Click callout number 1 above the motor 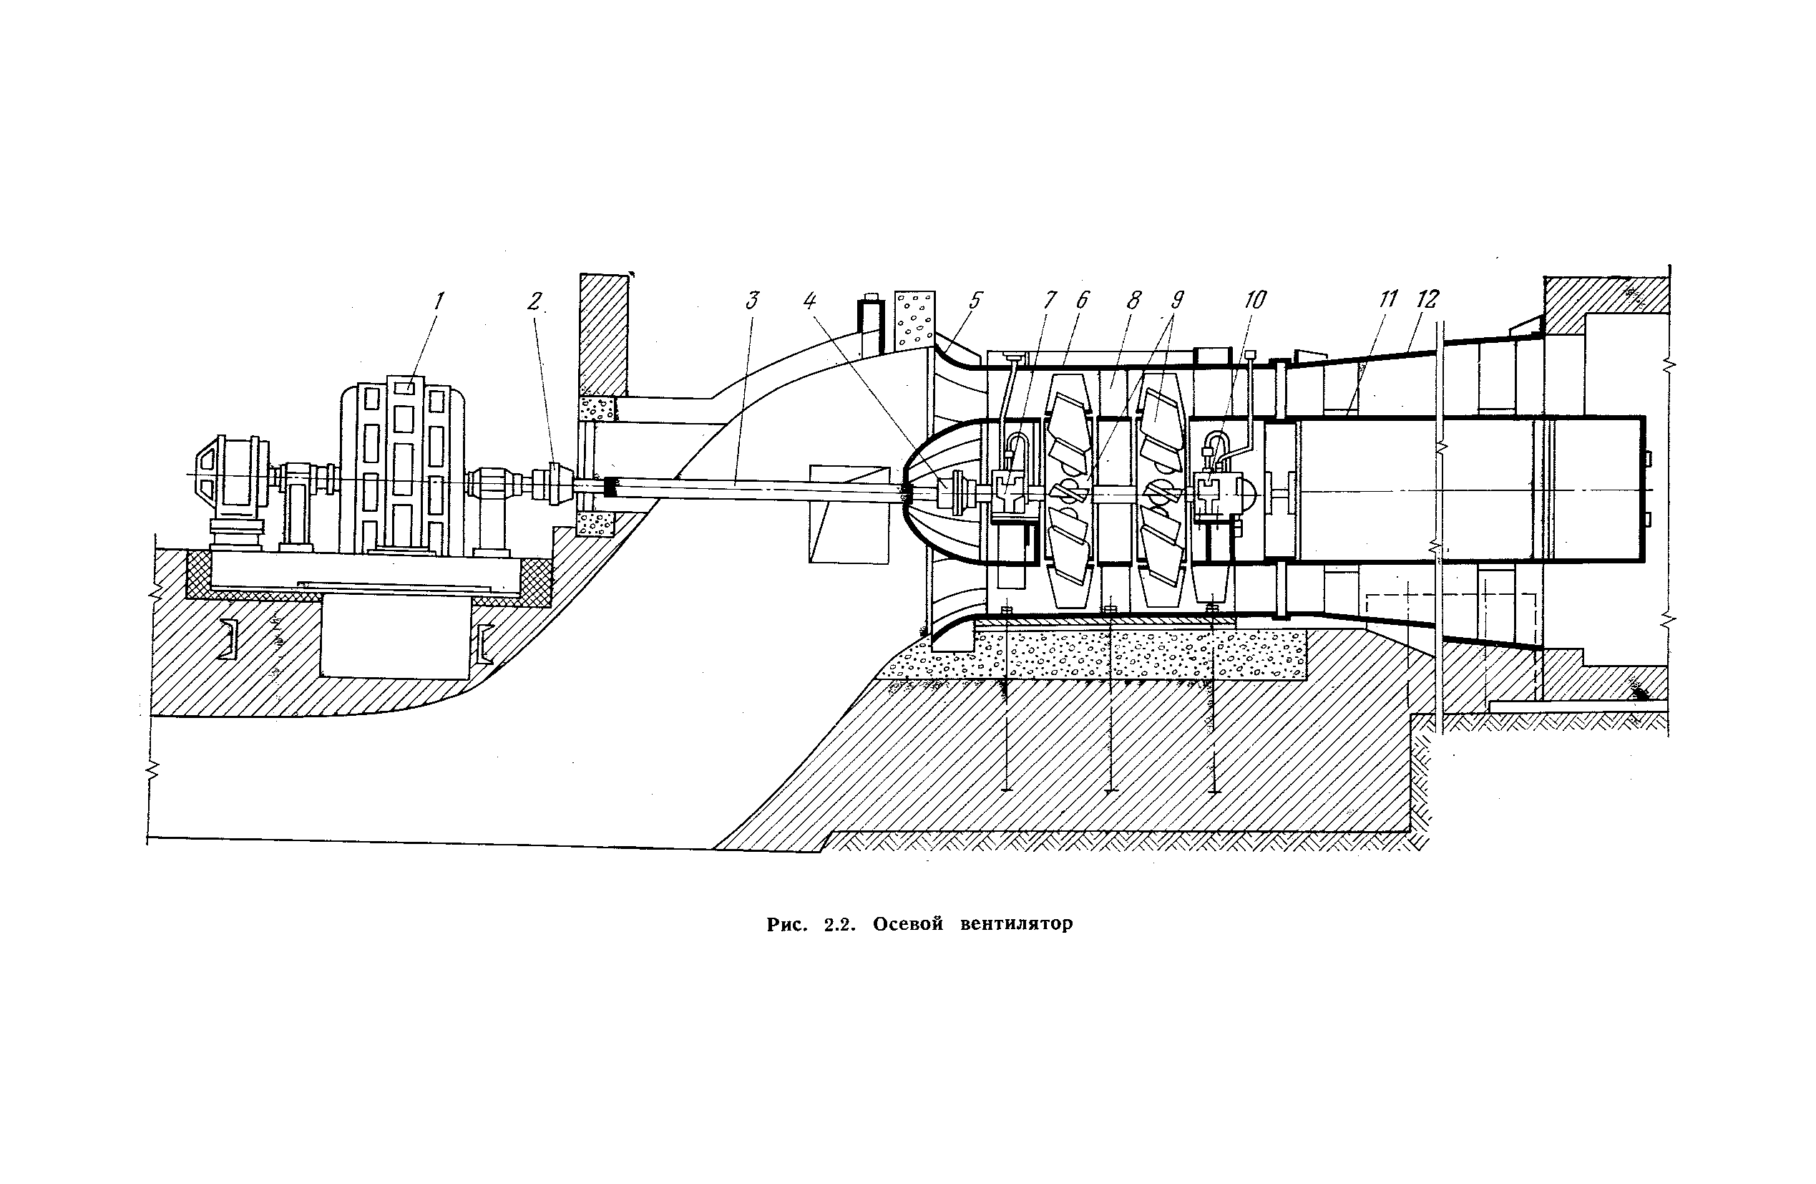[439, 301]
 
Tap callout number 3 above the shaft [751, 301]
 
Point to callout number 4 [811, 301]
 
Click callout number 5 [975, 300]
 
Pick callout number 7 [1050, 300]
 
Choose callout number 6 [1081, 300]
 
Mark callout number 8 [1134, 300]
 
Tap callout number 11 [1387, 300]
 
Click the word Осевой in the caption [908, 924]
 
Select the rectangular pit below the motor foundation [394, 637]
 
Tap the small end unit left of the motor [230, 481]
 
